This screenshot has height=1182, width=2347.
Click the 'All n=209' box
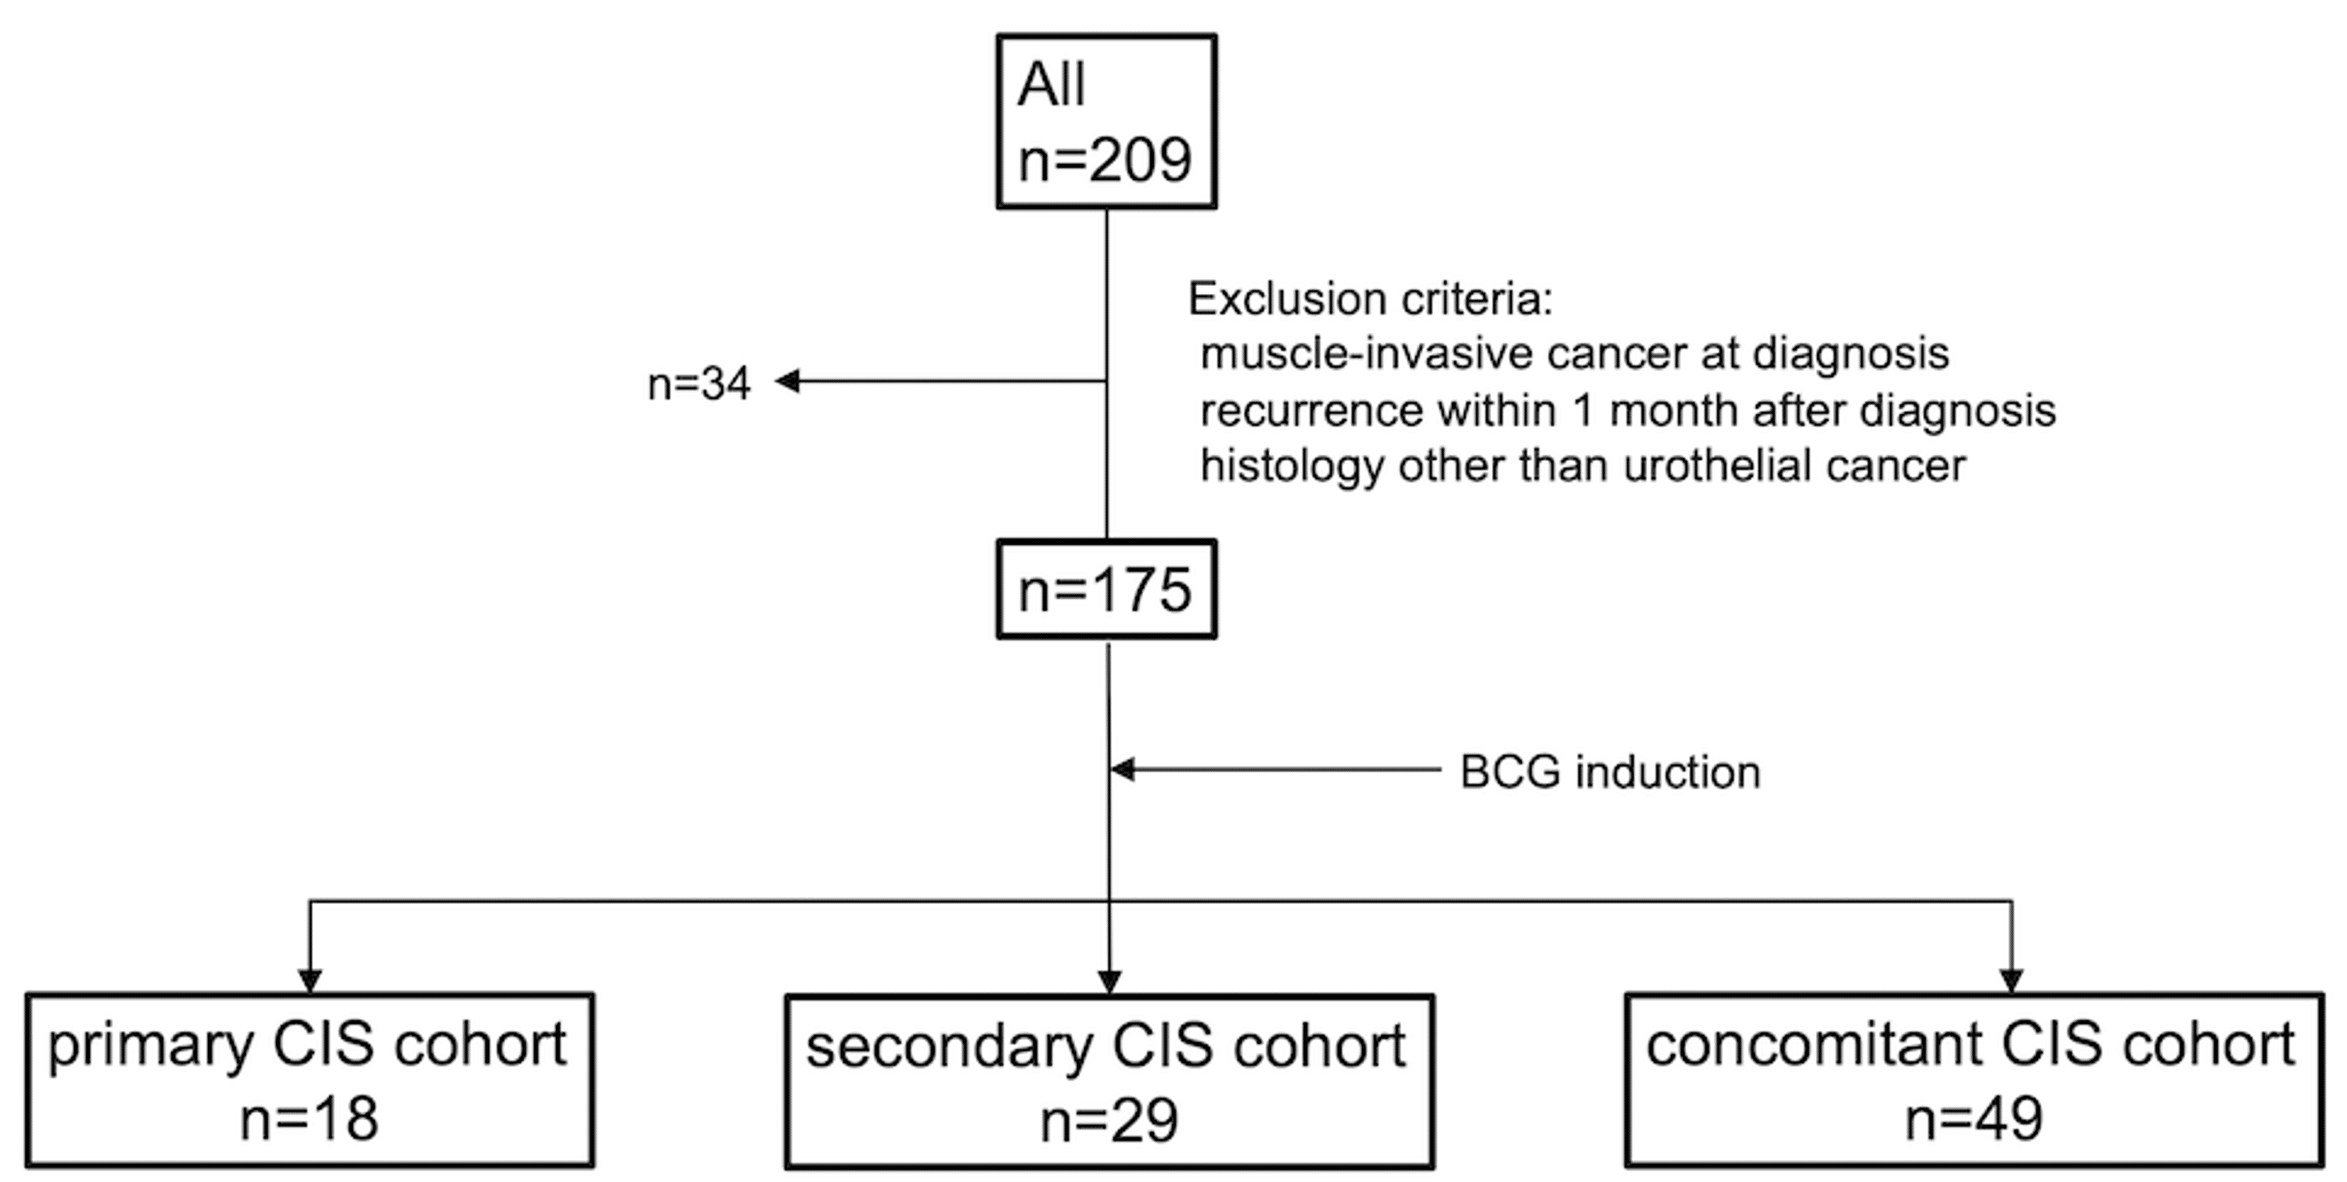[1106, 122]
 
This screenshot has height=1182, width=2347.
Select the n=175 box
[1106, 589]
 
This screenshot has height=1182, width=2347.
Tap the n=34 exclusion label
[699, 383]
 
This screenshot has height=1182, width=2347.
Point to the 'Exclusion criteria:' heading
[1369, 299]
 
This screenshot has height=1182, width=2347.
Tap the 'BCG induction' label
[1609, 772]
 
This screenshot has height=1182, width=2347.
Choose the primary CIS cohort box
[310, 1080]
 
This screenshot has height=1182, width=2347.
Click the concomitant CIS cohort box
[1974, 1080]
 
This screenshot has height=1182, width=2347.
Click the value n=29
[1109, 1120]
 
